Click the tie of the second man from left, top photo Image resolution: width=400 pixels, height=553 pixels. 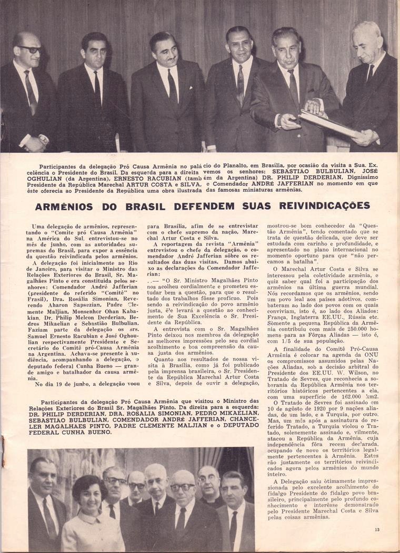click(x=97, y=87)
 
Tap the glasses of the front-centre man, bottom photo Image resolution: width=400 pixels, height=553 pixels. click(x=182, y=487)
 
